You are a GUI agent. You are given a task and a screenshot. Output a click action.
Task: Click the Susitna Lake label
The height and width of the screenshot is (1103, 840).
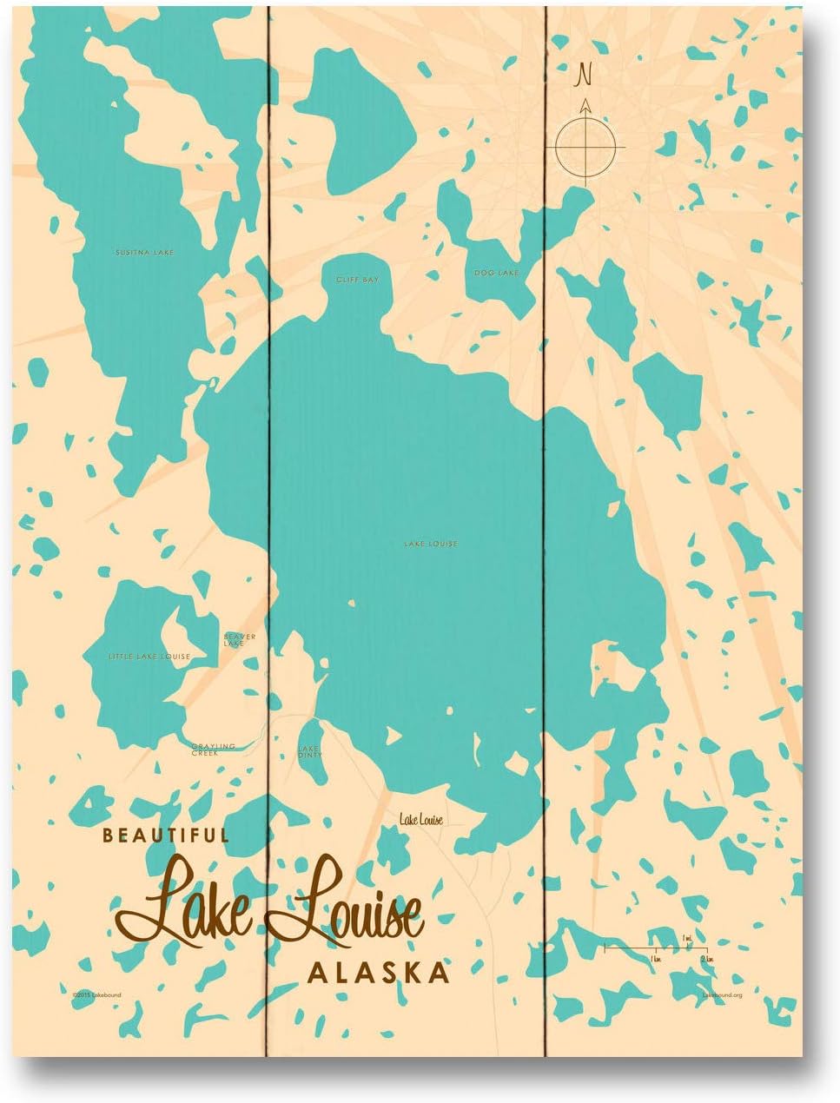pos(144,253)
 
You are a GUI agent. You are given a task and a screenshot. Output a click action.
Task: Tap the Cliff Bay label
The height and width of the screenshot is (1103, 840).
pos(358,280)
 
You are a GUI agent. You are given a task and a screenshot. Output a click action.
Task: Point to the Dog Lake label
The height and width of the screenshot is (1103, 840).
pos(496,274)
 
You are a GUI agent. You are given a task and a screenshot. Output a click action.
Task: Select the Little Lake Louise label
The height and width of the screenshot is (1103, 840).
pos(149,656)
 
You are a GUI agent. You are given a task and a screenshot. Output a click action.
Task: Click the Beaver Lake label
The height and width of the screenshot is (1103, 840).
pos(239,640)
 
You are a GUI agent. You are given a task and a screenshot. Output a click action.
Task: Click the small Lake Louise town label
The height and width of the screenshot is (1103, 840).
pos(421,819)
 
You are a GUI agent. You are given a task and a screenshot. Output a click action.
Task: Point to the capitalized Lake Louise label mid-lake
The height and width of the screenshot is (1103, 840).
pos(430,545)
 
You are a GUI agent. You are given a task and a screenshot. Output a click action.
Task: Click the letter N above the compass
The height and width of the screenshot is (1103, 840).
pos(585,76)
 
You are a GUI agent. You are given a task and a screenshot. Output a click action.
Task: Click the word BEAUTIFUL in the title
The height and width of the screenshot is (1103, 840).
pos(165,836)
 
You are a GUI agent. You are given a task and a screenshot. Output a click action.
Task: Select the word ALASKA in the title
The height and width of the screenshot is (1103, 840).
pos(379,972)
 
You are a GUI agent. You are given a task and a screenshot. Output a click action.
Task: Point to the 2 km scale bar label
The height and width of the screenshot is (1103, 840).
pos(706,957)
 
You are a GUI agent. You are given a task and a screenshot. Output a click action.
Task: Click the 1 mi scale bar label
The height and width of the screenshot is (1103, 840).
pos(687,938)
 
